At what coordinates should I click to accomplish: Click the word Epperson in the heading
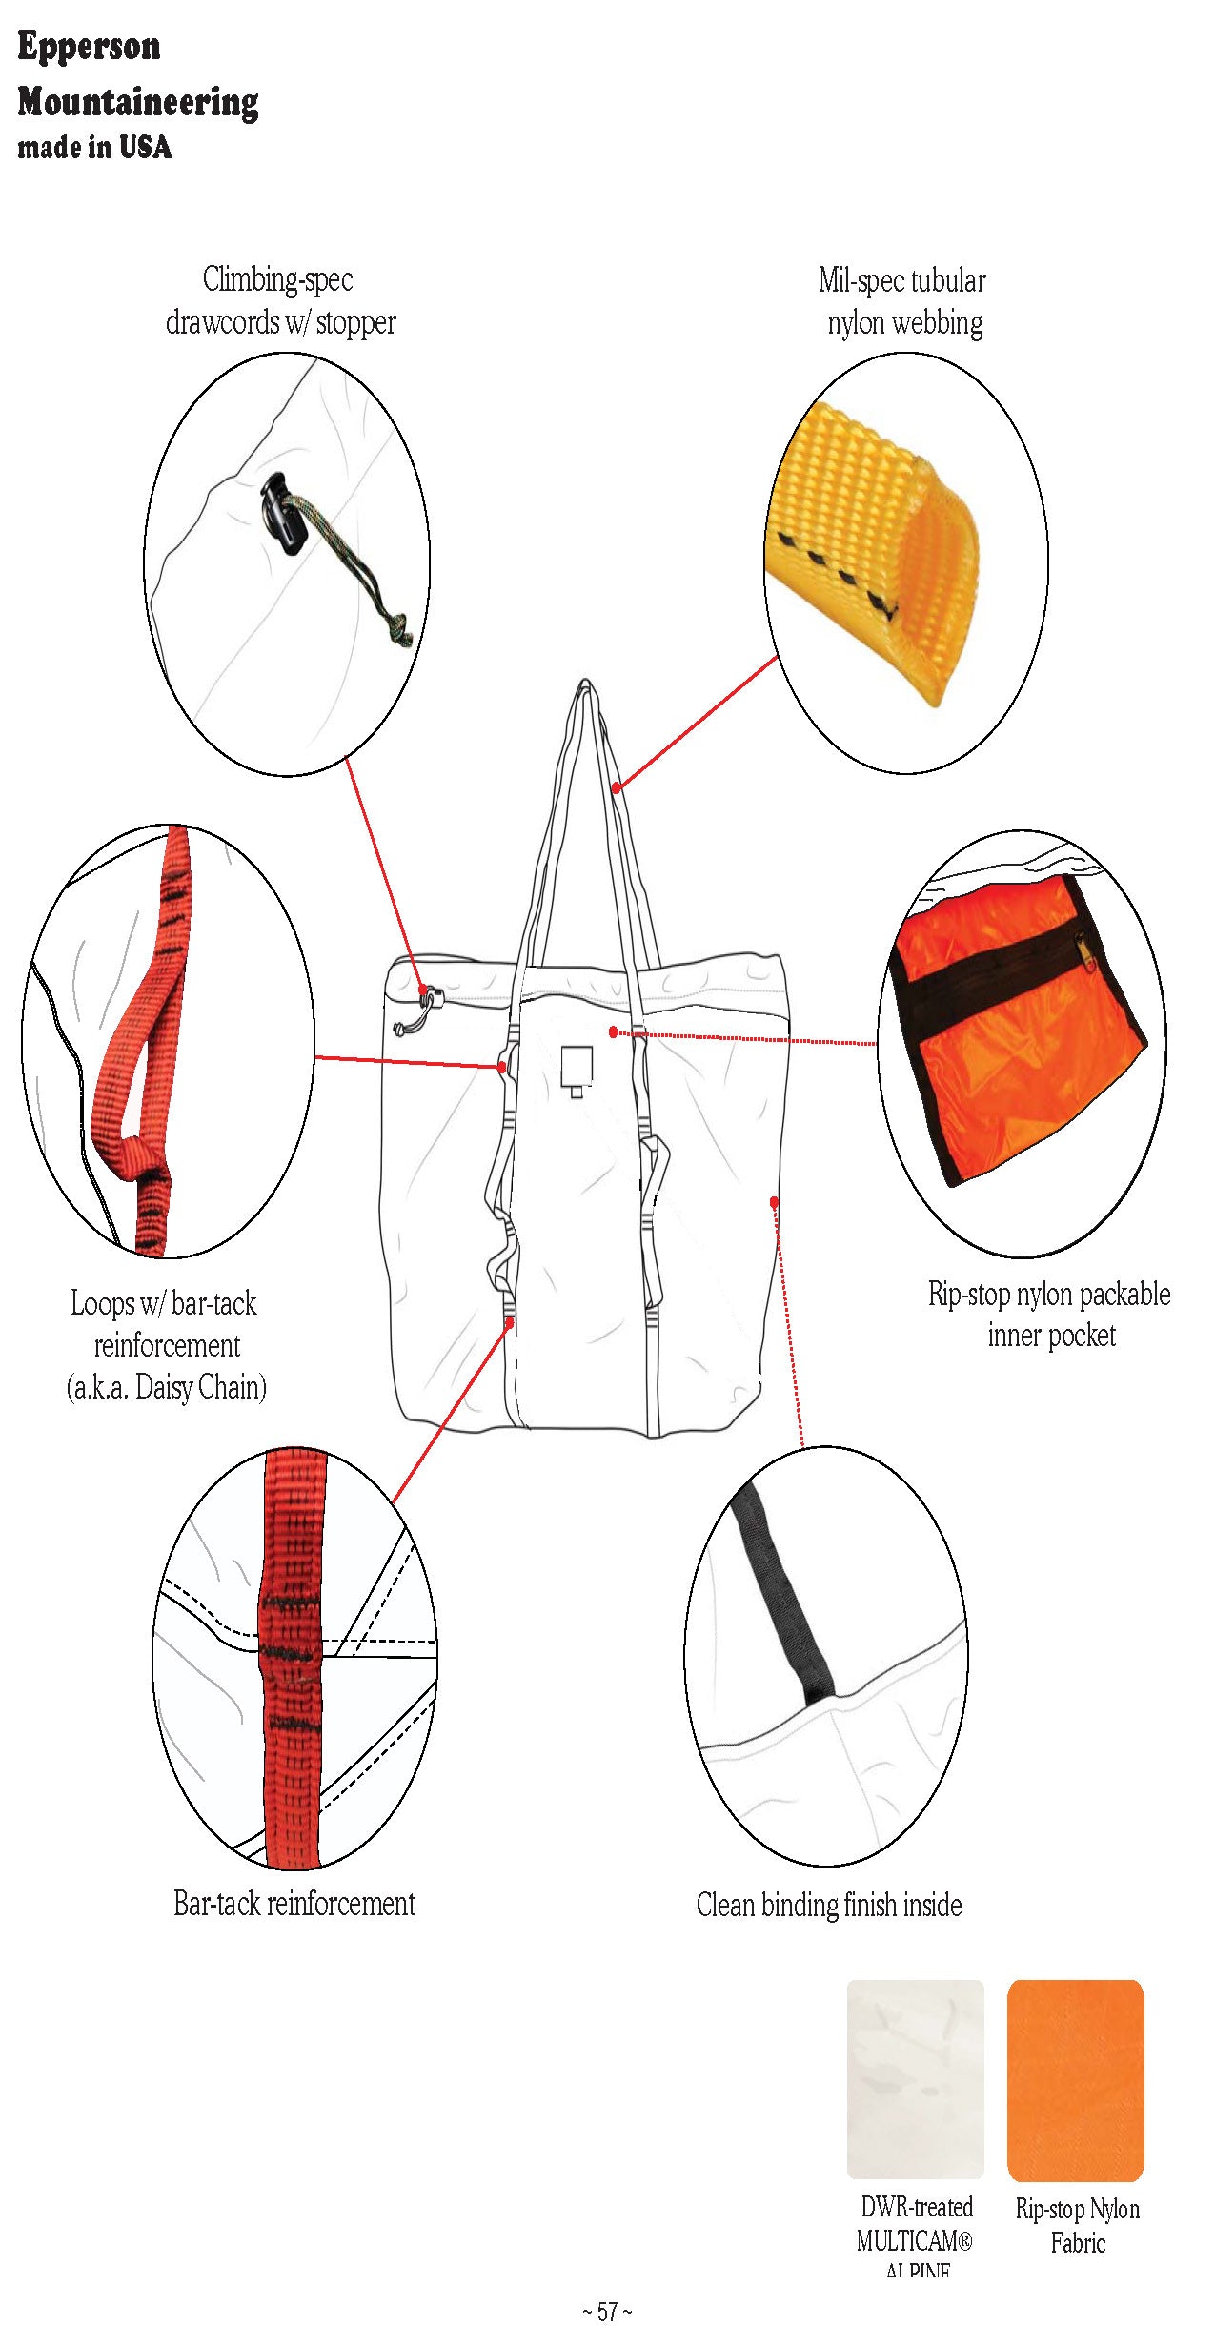coord(89,46)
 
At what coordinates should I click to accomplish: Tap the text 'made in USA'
coord(94,147)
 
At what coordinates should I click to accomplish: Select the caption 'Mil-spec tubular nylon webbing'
coord(902,301)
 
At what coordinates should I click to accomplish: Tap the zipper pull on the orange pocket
coord(1087,950)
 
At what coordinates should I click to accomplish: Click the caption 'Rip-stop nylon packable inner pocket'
coord(1049,1314)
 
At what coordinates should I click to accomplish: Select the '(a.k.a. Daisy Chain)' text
coord(166,1387)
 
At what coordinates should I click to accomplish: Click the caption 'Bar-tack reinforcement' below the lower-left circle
coord(294,1903)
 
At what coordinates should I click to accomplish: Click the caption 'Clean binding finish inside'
coord(828,1904)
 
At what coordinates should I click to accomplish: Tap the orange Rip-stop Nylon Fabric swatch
coord(1075,2079)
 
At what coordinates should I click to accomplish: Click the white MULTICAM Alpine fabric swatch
coord(915,2079)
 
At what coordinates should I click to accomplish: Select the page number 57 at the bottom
coord(607,2311)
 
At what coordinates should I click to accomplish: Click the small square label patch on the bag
coord(577,1067)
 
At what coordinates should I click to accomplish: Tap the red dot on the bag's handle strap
coord(617,787)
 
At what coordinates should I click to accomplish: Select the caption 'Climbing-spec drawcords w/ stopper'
coord(280,301)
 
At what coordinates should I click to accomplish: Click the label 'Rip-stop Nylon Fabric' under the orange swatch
coord(1077,2225)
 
